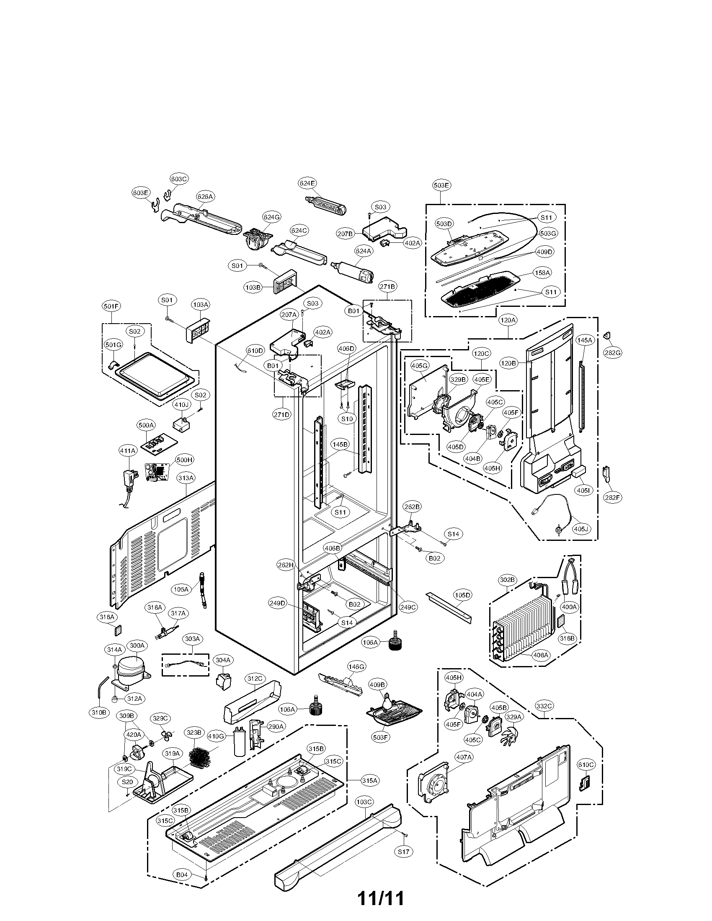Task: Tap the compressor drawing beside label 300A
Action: pos(131,673)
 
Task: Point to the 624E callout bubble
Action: pos(307,183)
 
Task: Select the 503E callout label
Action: pos(441,185)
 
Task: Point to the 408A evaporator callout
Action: pos(540,655)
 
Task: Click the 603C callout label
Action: pos(179,179)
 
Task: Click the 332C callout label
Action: pos(544,706)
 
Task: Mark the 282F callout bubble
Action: pos(612,498)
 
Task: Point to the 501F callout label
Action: pos(111,306)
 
